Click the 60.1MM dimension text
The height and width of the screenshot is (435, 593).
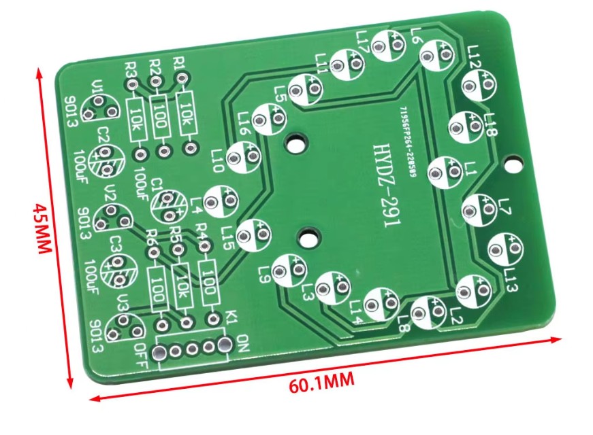(322, 383)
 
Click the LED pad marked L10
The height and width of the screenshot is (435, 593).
(243, 158)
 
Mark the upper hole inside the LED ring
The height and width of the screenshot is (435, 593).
(295, 144)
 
